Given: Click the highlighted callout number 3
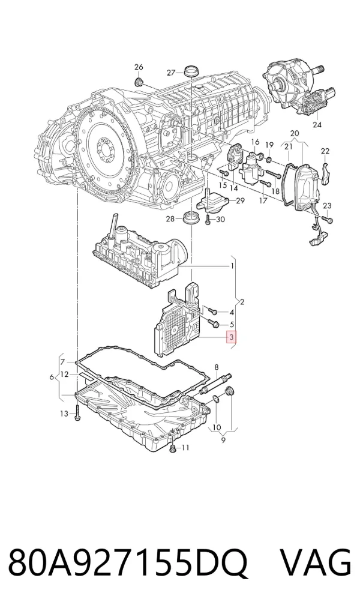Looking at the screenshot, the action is (x=232, y=337).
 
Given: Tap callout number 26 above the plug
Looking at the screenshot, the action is (x=139, y=67).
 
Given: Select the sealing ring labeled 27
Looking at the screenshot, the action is (x=191, y=72).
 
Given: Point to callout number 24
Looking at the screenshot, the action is (x=317, y=125).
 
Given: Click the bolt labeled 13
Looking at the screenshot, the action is (x=78, y=412).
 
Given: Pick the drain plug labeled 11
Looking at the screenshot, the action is (x=173, y=448).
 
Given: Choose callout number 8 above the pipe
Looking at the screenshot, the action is (x=217, y=367).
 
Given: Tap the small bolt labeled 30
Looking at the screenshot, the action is (x=208, y=220).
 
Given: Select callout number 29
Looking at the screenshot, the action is (x=240, y=200).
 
